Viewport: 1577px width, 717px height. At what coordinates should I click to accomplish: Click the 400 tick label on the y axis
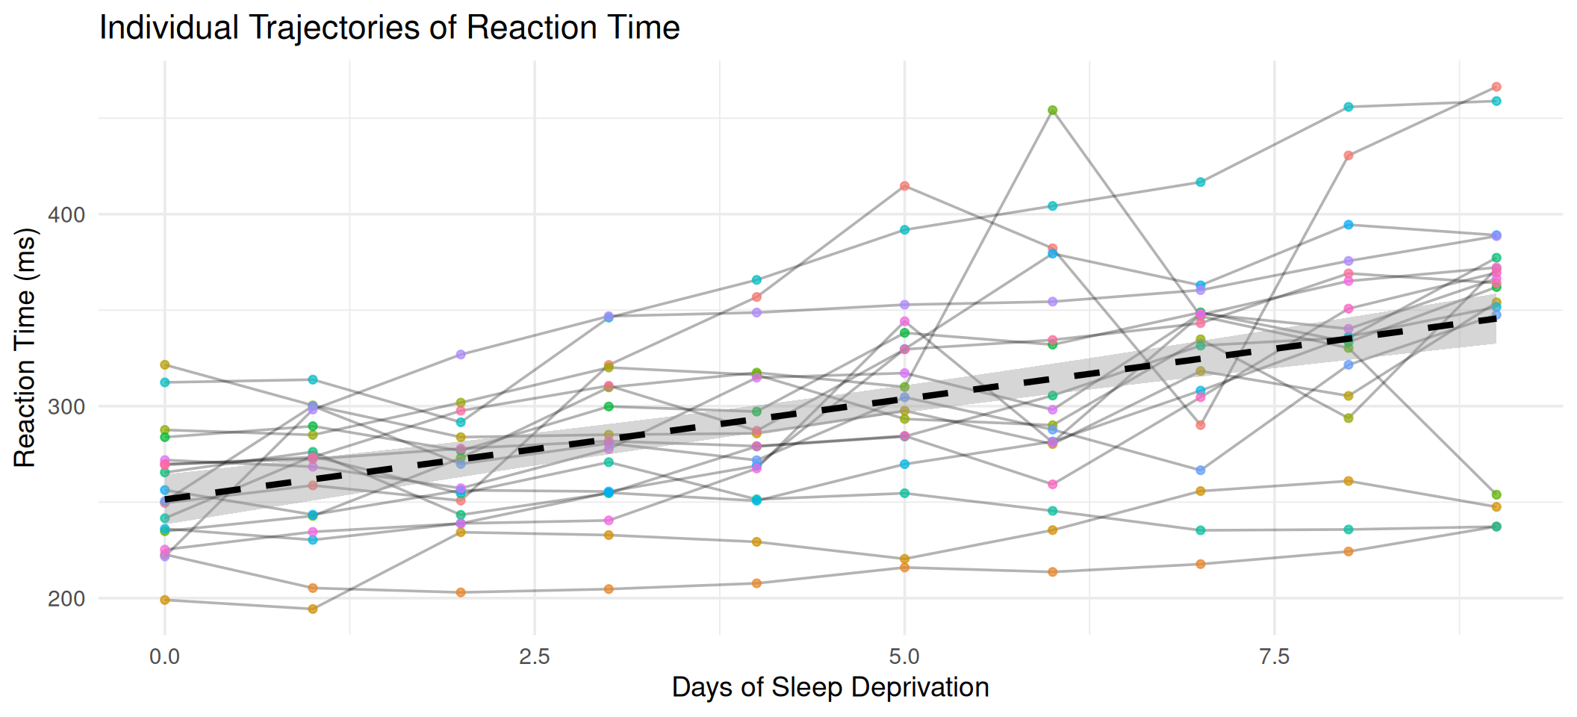(x=66, y=215)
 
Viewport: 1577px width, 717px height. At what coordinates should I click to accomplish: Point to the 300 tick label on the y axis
(x=66, y=407)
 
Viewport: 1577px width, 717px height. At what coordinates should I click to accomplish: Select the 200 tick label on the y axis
(x=66, y=599)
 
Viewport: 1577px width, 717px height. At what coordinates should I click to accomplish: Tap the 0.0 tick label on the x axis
(x=164, y=657)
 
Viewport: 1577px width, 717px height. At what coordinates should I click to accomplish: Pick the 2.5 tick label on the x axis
(x=535, y=657)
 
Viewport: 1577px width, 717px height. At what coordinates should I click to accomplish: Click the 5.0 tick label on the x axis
(x=904, y=657)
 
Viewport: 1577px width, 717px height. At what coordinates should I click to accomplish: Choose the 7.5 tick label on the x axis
(x=1275, y=657)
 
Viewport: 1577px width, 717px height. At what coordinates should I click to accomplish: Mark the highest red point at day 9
(x=1496, y=87)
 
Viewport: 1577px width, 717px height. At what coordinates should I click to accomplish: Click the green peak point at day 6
(x=1053, y=111)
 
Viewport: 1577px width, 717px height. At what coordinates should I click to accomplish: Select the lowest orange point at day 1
(x=313, y=609)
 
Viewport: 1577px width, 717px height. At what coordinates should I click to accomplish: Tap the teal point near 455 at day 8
(x=1349, y=107)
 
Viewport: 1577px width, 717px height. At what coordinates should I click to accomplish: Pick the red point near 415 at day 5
(x=905, y=186)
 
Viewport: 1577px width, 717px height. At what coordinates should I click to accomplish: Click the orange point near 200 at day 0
(x=165, y=600)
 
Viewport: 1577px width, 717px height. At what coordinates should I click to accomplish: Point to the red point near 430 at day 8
(x=1349, y=155)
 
